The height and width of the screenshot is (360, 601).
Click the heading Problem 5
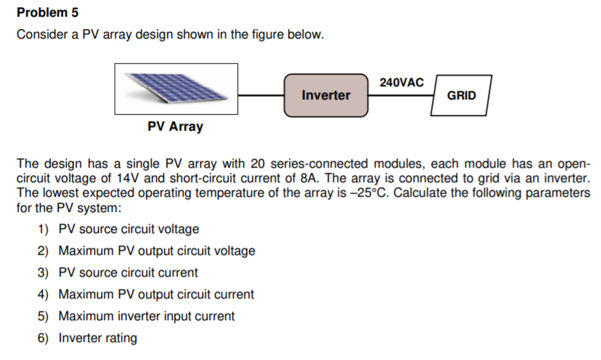pos(47,12)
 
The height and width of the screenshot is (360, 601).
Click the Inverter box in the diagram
pos(325,95)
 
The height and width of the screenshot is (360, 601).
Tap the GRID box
pos(461,95)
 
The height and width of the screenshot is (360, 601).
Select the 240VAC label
pos(401,82)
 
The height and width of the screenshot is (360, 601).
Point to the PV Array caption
pos(175,127)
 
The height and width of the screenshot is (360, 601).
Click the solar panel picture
pos(176,88)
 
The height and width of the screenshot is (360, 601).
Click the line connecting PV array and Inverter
pos(261,95)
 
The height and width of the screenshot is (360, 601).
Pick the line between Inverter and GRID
pos(400,95)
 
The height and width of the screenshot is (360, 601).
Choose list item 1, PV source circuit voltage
pos(128,229)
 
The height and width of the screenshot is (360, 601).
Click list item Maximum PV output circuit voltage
pos(157,251)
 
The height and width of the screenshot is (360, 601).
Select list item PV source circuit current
pos(128,273)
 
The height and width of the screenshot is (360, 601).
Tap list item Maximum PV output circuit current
pos(156,295)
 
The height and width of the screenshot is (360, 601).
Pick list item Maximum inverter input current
pos(146,316)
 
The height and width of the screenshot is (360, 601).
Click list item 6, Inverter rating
pos(97,338)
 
